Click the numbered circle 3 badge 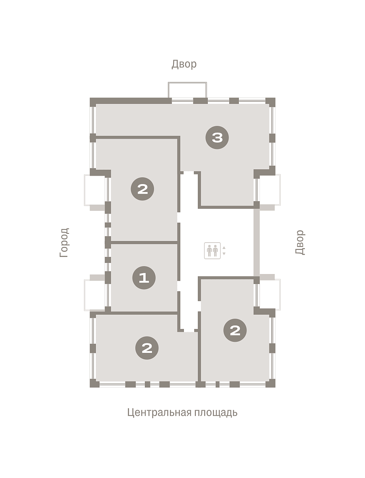tap(217, 137)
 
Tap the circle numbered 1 tap(144, 278)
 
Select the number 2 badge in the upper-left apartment tap(142, 189)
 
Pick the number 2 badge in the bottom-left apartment tap(147, 348)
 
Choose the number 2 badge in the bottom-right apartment tap(235, 330)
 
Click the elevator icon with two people tap(212, 251)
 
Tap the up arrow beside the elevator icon tap(224, 248)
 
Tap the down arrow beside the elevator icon tap(224, 254)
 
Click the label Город tap(64, 243)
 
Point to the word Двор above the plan tap(184, 64)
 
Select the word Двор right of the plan tap(300, 242)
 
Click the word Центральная tap(160, 412)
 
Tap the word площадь tap(216, 412)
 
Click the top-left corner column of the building tap(93, 102)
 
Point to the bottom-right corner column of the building tap(270, 383)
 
